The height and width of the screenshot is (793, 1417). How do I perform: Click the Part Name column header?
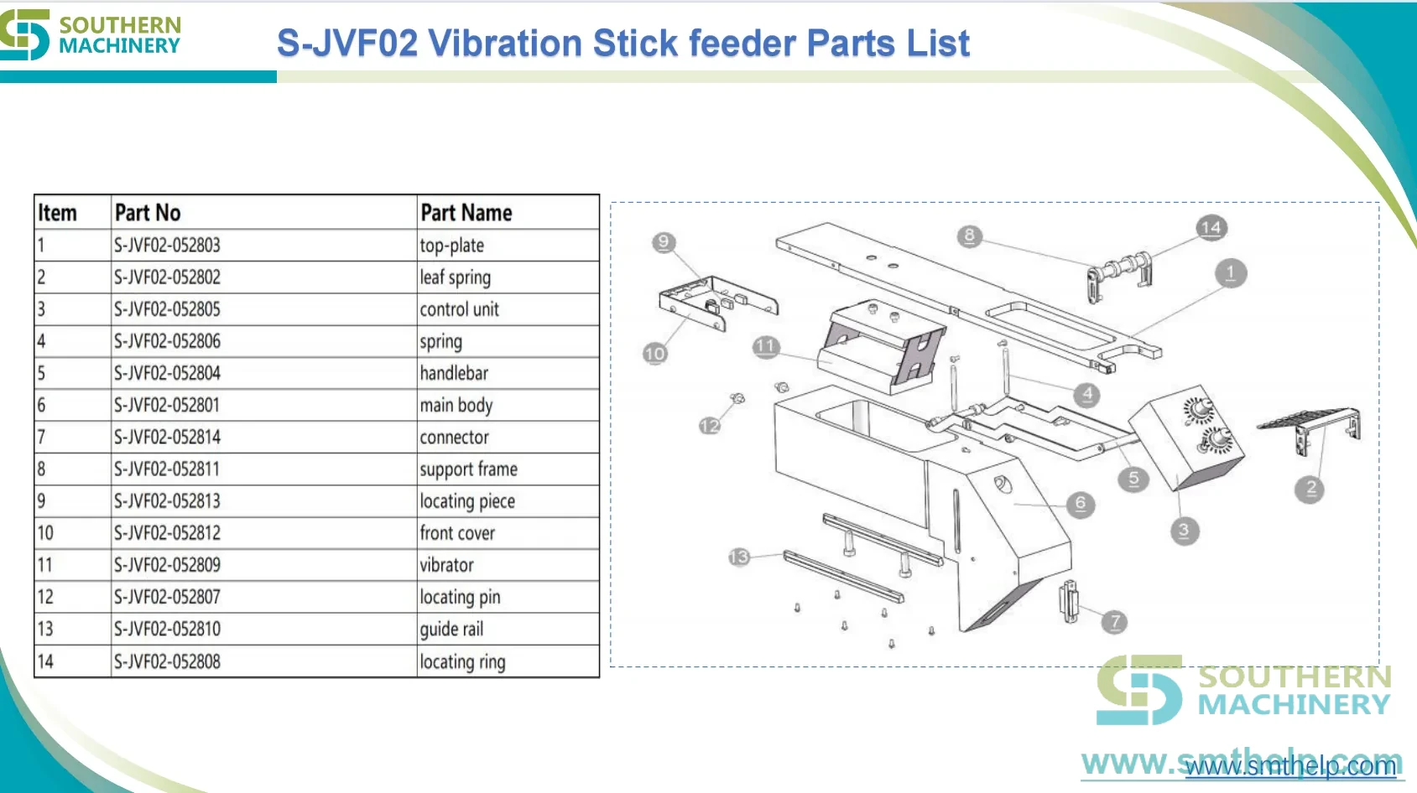pos(466,213)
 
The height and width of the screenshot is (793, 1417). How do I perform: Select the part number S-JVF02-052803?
pos(167,245)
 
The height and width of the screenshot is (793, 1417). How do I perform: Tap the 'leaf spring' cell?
pos(455,277)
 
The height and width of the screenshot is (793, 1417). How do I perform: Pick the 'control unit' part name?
pos(459,309)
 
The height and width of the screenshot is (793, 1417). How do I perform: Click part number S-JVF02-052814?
pos(167,438)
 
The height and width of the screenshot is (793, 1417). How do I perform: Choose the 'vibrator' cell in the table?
pos(446,565)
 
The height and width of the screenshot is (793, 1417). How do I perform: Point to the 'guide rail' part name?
pos(451,630)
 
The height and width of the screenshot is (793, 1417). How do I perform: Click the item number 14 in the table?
pos(45,661)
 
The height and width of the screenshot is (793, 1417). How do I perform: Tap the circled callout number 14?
pos(1211,227)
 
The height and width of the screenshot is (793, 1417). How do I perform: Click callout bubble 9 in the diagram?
pos(664,242)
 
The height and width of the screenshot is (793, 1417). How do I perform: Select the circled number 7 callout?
pos(1115,622)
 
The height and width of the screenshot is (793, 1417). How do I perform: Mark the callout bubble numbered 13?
pos(739,557)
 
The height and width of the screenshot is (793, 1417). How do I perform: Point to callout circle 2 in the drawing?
pos(1310,489)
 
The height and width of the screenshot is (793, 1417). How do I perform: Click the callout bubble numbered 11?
pos(765,346)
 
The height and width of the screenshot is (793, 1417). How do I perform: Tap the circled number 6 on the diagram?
pos(1081,504)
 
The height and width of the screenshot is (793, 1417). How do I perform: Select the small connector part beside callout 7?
pos(1069,601)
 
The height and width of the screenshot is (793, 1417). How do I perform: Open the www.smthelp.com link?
pos(1290,766)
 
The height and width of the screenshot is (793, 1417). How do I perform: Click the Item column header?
pos(57,213)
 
